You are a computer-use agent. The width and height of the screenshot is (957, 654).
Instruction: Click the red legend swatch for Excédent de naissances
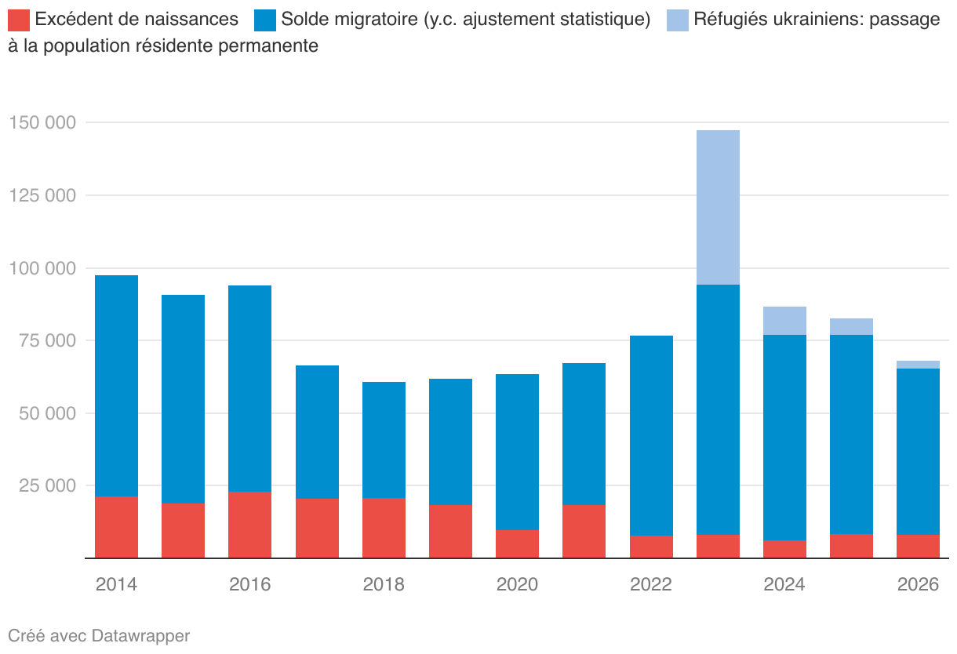tap(19, 20)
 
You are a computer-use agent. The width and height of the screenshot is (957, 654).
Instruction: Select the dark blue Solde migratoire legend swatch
tap(264, 20)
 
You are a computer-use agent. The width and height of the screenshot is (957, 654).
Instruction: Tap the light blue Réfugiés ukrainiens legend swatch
tap(678, 20)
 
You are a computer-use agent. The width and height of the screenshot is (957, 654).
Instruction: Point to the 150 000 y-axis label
tap(42, 123)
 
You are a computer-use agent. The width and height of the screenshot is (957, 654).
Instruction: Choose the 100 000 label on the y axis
tap(42, 269)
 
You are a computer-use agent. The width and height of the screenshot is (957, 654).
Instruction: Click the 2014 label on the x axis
tap(116, 585)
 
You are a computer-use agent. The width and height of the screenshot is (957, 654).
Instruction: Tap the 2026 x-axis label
tap(918, 585)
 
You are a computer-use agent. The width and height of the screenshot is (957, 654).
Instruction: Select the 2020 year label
tap(517, 585)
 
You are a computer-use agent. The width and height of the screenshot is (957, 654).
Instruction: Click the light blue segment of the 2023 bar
tap(718, 207)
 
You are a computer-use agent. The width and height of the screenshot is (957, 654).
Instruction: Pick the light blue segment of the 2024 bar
tap(784, 321)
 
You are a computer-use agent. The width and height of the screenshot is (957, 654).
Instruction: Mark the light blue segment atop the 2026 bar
tap(918, 365)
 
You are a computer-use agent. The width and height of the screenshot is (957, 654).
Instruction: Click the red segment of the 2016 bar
tap(249, 525)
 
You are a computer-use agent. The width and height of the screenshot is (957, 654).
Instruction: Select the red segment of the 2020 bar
tap(517, 544)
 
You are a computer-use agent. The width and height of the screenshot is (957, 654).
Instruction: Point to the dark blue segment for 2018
tap(384, 440)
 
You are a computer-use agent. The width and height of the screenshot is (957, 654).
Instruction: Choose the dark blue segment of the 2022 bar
tap(651, 436)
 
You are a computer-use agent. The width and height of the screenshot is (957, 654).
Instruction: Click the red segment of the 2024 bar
tap(784, 549)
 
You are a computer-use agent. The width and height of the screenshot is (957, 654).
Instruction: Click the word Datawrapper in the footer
tap(140, 635)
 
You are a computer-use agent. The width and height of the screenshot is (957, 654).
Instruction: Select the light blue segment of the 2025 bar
tap(851, 326)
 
